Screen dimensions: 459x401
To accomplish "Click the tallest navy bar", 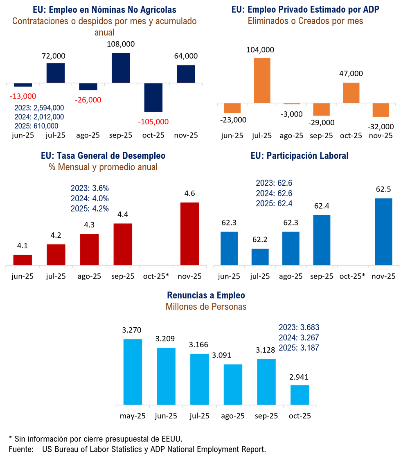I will (121, 67).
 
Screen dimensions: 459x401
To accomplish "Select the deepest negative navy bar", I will (153, 98).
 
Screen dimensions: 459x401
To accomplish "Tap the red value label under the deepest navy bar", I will (153, 122).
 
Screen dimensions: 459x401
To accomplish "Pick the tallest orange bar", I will (262, 79).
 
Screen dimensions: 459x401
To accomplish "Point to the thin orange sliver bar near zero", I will (292, 104).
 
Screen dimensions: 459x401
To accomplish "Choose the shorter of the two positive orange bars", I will (351, 92).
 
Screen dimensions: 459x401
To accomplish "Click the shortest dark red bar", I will (23, 259).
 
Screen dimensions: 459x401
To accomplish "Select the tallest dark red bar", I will (189, 233).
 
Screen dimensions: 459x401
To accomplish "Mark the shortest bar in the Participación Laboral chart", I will (260, 256).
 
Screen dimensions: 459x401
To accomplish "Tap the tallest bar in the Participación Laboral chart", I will (384, 231).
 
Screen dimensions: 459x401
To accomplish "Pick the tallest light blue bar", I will (133, 371).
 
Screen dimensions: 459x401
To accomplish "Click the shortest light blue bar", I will (300, 394).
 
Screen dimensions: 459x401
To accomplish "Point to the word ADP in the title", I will (370, 9).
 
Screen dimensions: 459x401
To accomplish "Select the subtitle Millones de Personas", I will (206, 306).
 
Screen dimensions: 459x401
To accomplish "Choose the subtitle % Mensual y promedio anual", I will (103, 167).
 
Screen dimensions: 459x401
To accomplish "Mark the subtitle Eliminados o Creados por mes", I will (305, 21).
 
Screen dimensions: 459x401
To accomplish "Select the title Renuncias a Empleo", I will (206, 295).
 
